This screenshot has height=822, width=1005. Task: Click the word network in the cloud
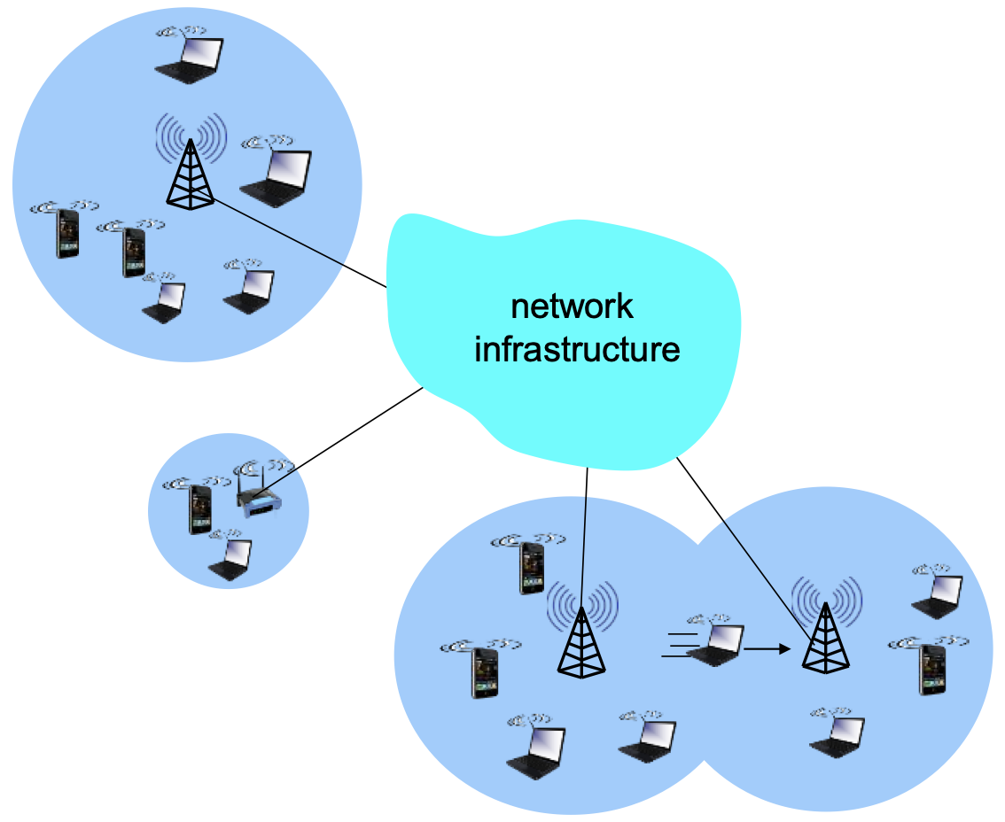tap(572, 306)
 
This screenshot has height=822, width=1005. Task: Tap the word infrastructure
tap(577, 349)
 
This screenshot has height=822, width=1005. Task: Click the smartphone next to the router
tap(200, 509)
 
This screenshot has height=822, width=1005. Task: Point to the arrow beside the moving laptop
tap(767, 649)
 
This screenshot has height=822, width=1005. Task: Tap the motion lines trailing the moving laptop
tap(680, 645)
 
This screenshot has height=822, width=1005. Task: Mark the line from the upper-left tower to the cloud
tap(300, 244)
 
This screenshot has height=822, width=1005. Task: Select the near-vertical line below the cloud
tap(584, 539)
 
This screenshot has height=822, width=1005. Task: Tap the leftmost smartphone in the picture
tap(67, 233)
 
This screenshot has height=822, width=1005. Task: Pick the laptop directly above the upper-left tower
tap(190, 60)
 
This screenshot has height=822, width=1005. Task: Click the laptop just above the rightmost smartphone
tap(938, 596)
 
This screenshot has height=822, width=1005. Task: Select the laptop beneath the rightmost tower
tap(837, 738)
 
